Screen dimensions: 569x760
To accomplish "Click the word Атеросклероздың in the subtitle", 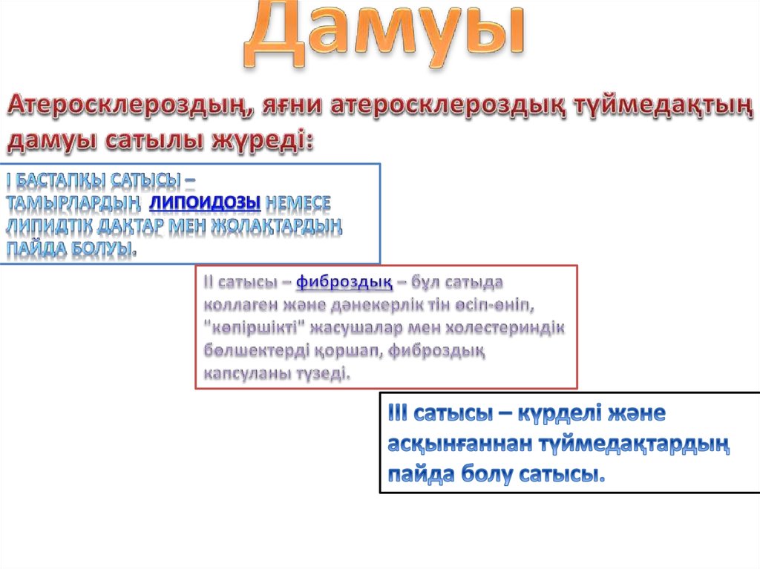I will (125, 106).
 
